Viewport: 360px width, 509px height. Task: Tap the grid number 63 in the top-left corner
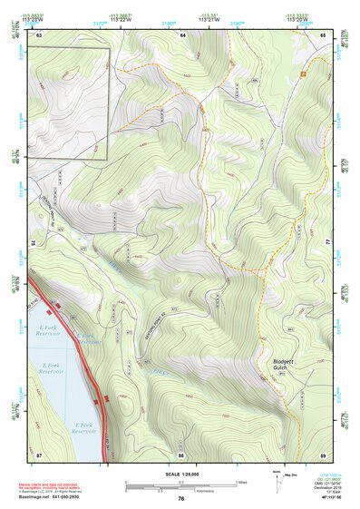(x=40, y=34)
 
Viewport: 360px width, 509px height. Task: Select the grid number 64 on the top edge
(x=181, y=34)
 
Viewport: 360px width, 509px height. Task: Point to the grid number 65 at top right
(x=324, y=34)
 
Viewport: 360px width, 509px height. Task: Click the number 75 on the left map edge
(x=34, y=243)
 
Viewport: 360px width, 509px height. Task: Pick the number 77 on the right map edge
(x=329, y=243)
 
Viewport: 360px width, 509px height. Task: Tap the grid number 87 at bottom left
(x=39, y=454)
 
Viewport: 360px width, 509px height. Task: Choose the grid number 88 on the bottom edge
(x=181, y=454)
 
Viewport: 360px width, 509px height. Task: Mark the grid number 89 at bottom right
(x=323, y=454)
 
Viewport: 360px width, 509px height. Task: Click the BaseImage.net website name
(x=35, y=497)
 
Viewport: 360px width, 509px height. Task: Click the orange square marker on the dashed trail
(x=303, y=71)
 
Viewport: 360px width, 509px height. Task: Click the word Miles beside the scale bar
(x=241, y=482)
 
